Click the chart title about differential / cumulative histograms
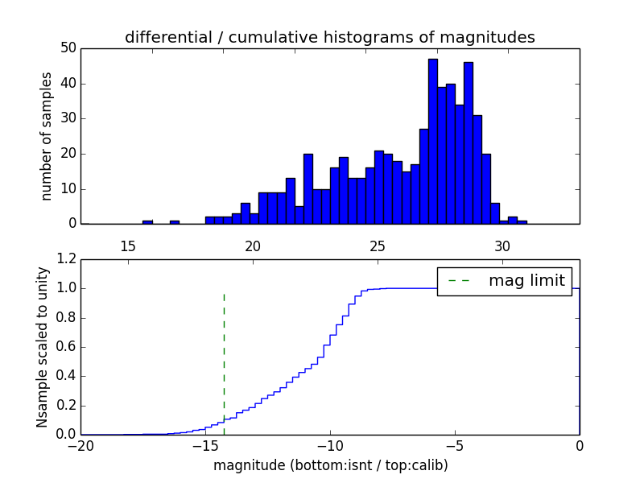pos(329,37)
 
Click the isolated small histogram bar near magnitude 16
pos(147,221)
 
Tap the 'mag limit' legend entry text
pos(526,281)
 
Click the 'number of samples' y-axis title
pos(47,135)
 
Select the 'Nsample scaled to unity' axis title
pos(43,347)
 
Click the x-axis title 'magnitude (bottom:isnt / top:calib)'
pos(330,465)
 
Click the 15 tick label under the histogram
pos(127,246)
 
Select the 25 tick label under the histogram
pos(378,246)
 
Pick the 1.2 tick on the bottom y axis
pos(67,259)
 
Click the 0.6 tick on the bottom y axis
pos(67,347)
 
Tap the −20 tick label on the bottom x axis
pos(80,446)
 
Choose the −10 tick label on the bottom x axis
pos(329,446)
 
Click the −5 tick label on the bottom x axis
pos(454,446)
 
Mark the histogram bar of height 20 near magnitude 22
pos(308,188)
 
